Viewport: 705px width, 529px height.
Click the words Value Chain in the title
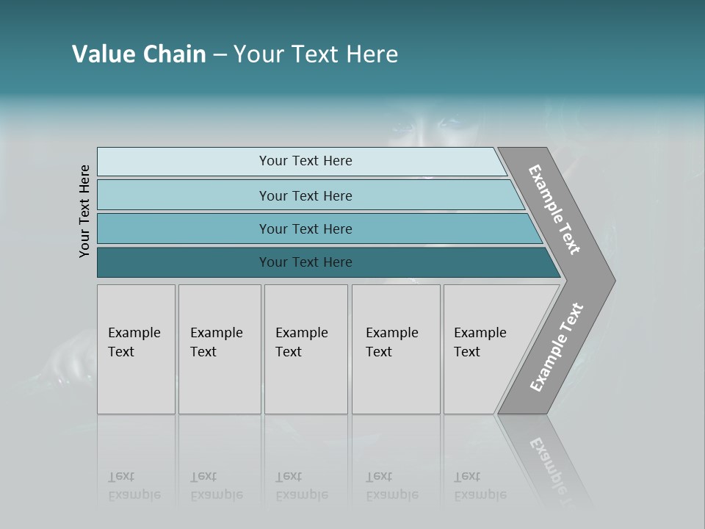[x=139, y=54]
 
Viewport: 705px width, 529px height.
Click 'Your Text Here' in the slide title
[x=316, y=54]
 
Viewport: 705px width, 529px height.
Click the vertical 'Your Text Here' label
[x=84, y=211]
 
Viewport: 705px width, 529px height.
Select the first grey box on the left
[x=136, y=349]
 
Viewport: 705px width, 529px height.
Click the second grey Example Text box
[x=220, y=349]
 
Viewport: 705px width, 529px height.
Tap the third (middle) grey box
[x=305, y=349]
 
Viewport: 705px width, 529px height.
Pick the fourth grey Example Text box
[x=396, y=349]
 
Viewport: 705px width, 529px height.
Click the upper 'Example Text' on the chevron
[x=554, y=209]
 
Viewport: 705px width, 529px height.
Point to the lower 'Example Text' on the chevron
[x=556, y=348]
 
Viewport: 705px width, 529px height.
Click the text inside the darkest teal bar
[x=305, y=262]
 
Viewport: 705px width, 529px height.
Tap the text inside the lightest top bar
[x=305, y=161]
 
